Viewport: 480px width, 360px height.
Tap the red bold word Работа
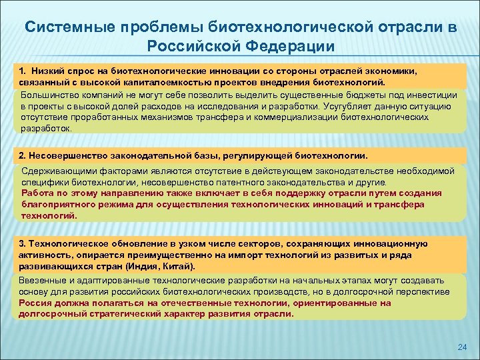[37, 193]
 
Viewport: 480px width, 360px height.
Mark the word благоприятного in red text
[56, 205]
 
